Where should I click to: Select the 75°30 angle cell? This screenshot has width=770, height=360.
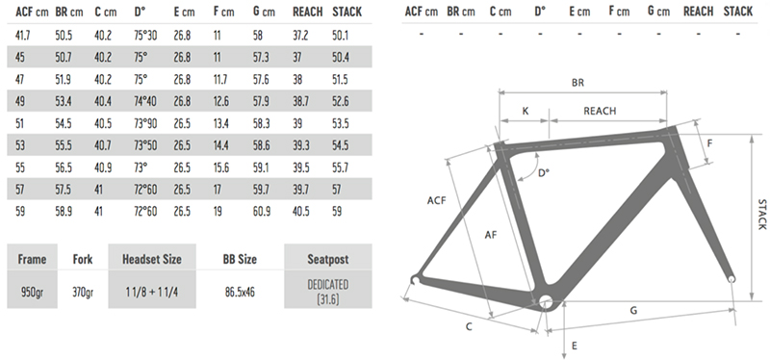(145, 36)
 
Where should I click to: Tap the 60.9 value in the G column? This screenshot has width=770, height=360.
(263, 211)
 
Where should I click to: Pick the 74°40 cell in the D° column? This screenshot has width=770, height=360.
(145, 101)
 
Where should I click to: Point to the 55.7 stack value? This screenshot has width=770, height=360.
(341, 167)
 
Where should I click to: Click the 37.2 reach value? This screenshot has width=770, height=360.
(300, 36)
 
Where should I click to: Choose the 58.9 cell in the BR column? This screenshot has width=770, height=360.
(64, 211)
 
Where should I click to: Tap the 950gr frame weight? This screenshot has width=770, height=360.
(32, 293)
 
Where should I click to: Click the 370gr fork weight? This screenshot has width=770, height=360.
(83, 293)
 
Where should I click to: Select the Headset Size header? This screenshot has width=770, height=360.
(152, 259)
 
